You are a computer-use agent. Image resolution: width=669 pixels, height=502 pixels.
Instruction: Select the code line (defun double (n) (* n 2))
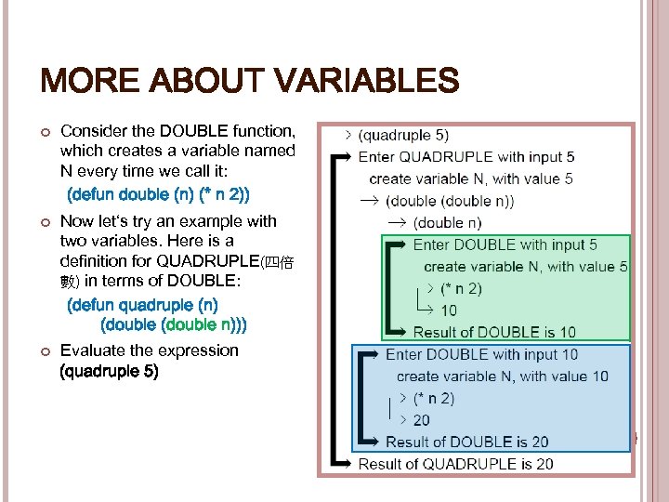click(158, 194)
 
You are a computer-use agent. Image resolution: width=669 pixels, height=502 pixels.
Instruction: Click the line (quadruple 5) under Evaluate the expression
click(109, 371)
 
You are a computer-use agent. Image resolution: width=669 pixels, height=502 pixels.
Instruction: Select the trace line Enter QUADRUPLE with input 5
click(466, 157)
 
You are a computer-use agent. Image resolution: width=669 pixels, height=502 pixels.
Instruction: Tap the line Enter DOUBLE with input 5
click(505, 245)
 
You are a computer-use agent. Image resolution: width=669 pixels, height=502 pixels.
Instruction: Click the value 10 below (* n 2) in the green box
click(449, 310)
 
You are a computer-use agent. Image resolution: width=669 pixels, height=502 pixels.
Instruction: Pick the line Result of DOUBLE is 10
click(494, 332)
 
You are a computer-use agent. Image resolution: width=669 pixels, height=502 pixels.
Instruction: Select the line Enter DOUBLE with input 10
click(481, 354)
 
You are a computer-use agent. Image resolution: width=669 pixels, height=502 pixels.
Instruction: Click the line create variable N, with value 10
click(503, 376)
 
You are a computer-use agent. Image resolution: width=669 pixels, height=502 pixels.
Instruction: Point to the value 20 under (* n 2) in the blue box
click(422, 420)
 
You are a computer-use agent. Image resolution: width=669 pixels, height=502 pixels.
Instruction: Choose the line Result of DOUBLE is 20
click(467, 443)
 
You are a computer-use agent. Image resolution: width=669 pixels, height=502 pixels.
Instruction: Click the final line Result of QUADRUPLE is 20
click(455, 464)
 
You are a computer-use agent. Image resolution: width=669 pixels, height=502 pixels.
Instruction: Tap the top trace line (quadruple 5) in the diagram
click(403, 135)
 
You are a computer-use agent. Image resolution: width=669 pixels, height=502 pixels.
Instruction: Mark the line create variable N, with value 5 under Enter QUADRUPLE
click(471, 178)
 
